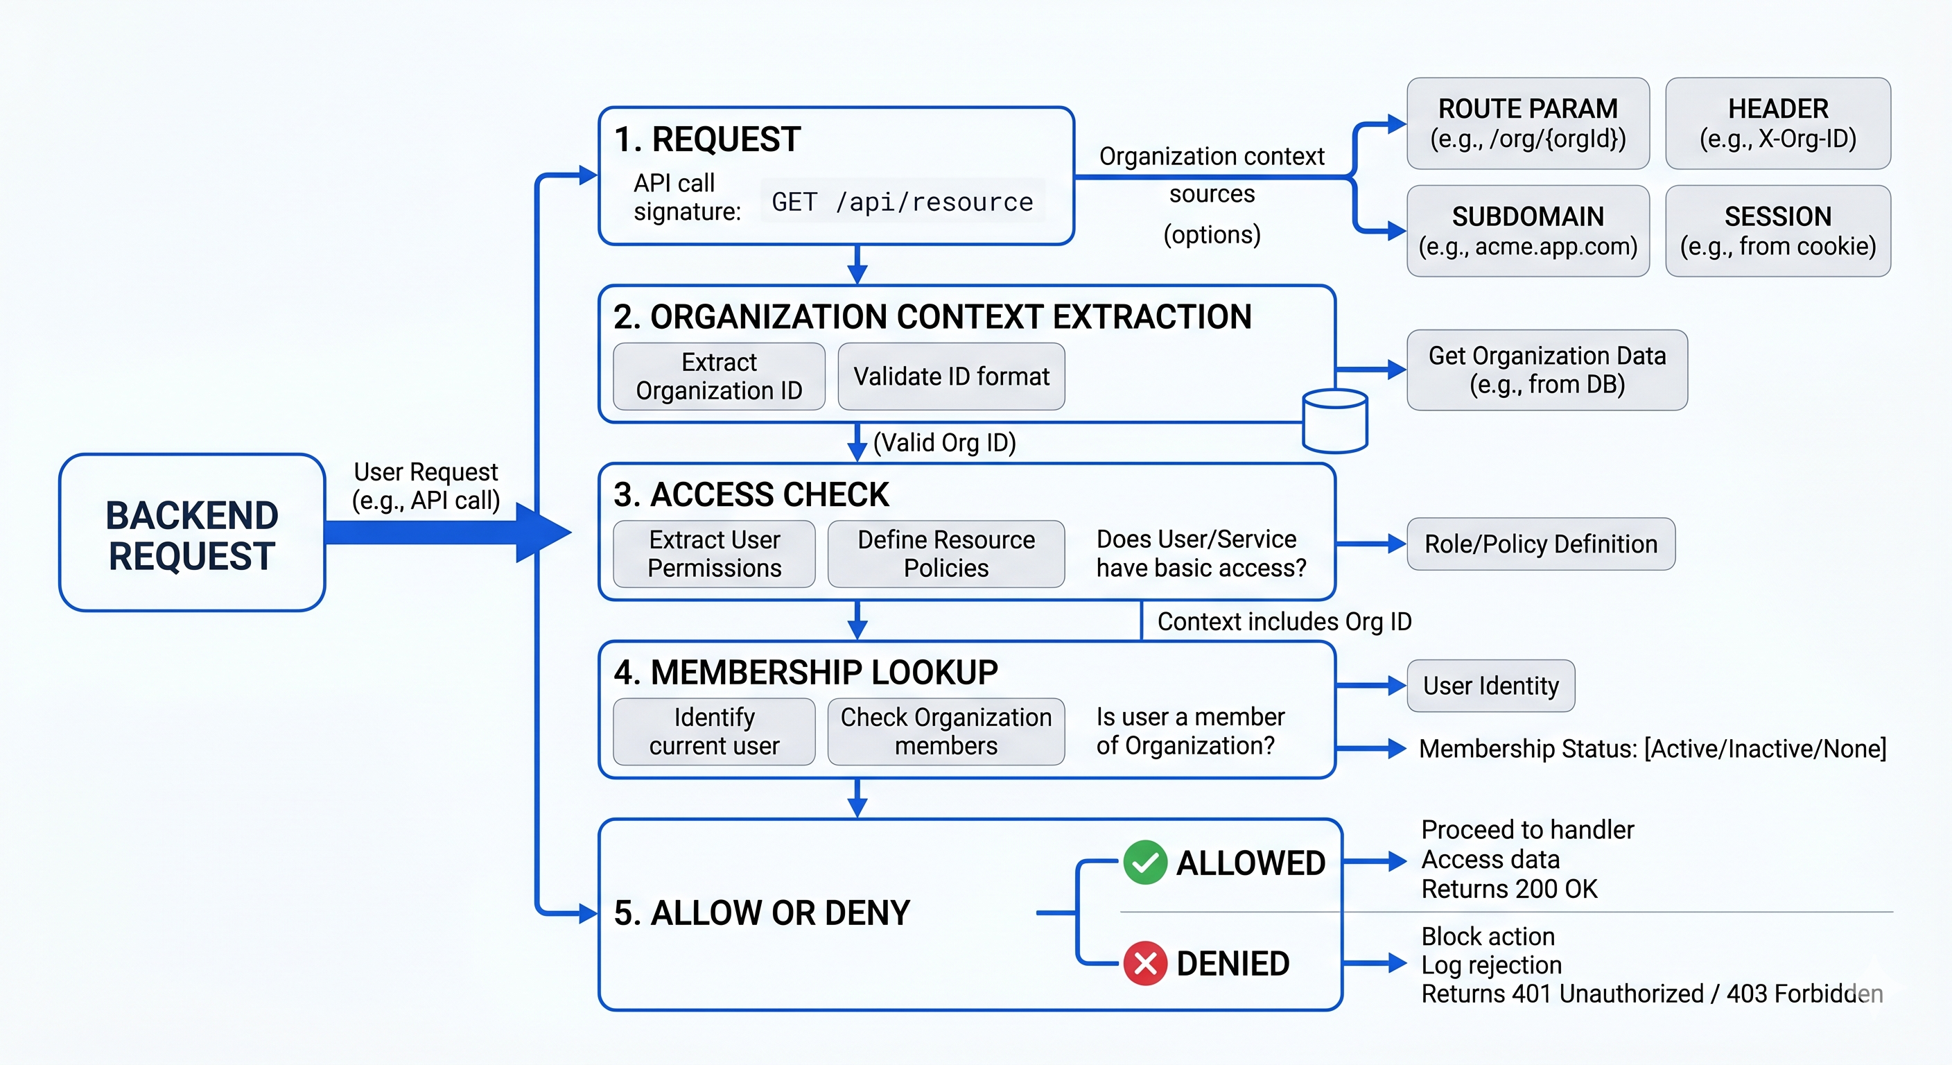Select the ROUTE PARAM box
pyautogui.click(x=1528, y=123)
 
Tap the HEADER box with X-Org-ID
pyautogui.click(x=1778, y=123)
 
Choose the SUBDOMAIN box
pyautogui.click(x=1528, y=231)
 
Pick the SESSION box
pyautogui.click(x=1778, y=231)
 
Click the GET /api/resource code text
pyautogui.click(x=902, y=202)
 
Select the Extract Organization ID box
pyautogui.click(x=719, y=376)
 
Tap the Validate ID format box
pyautogui.click(x=951, y=376)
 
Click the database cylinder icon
pyautogui.click(x=1334, y=421)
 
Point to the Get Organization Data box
pyautogui.click(x=1546, y=370)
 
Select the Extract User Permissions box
pyautogui.click(x=714, y=554)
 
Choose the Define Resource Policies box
pyautogui.click(x=946, y=554)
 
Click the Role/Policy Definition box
pyautogui.click(x=1540, y=544)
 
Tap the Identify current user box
pyautogui.click(x=714, y=731)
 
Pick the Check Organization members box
pyautogui.click(x=946, y=731)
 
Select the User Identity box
pyautogui.click(x=1490, y=686)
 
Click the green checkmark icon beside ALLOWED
pyautogui.click(x=1145, y=863)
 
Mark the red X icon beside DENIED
pyautogui.click(x=1145, y=964)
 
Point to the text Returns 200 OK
pyautogui.click(x=1508, y=889)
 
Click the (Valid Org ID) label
pyautogui.click(x=944, y=442)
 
